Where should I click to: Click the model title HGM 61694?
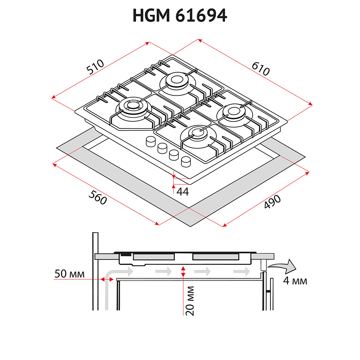pos(180,15)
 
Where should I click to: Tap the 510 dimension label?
pos(95,67)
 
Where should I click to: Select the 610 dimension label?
pos(261,69)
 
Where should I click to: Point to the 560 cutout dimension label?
pos(98,197)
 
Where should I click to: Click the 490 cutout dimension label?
pos(272,202)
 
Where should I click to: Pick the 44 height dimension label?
pos(183,192)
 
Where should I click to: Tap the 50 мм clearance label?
pos(69,274)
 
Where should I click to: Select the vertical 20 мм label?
pos(190,301)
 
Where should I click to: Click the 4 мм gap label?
pos(295,280)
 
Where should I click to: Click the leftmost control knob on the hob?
pos(150,141)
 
